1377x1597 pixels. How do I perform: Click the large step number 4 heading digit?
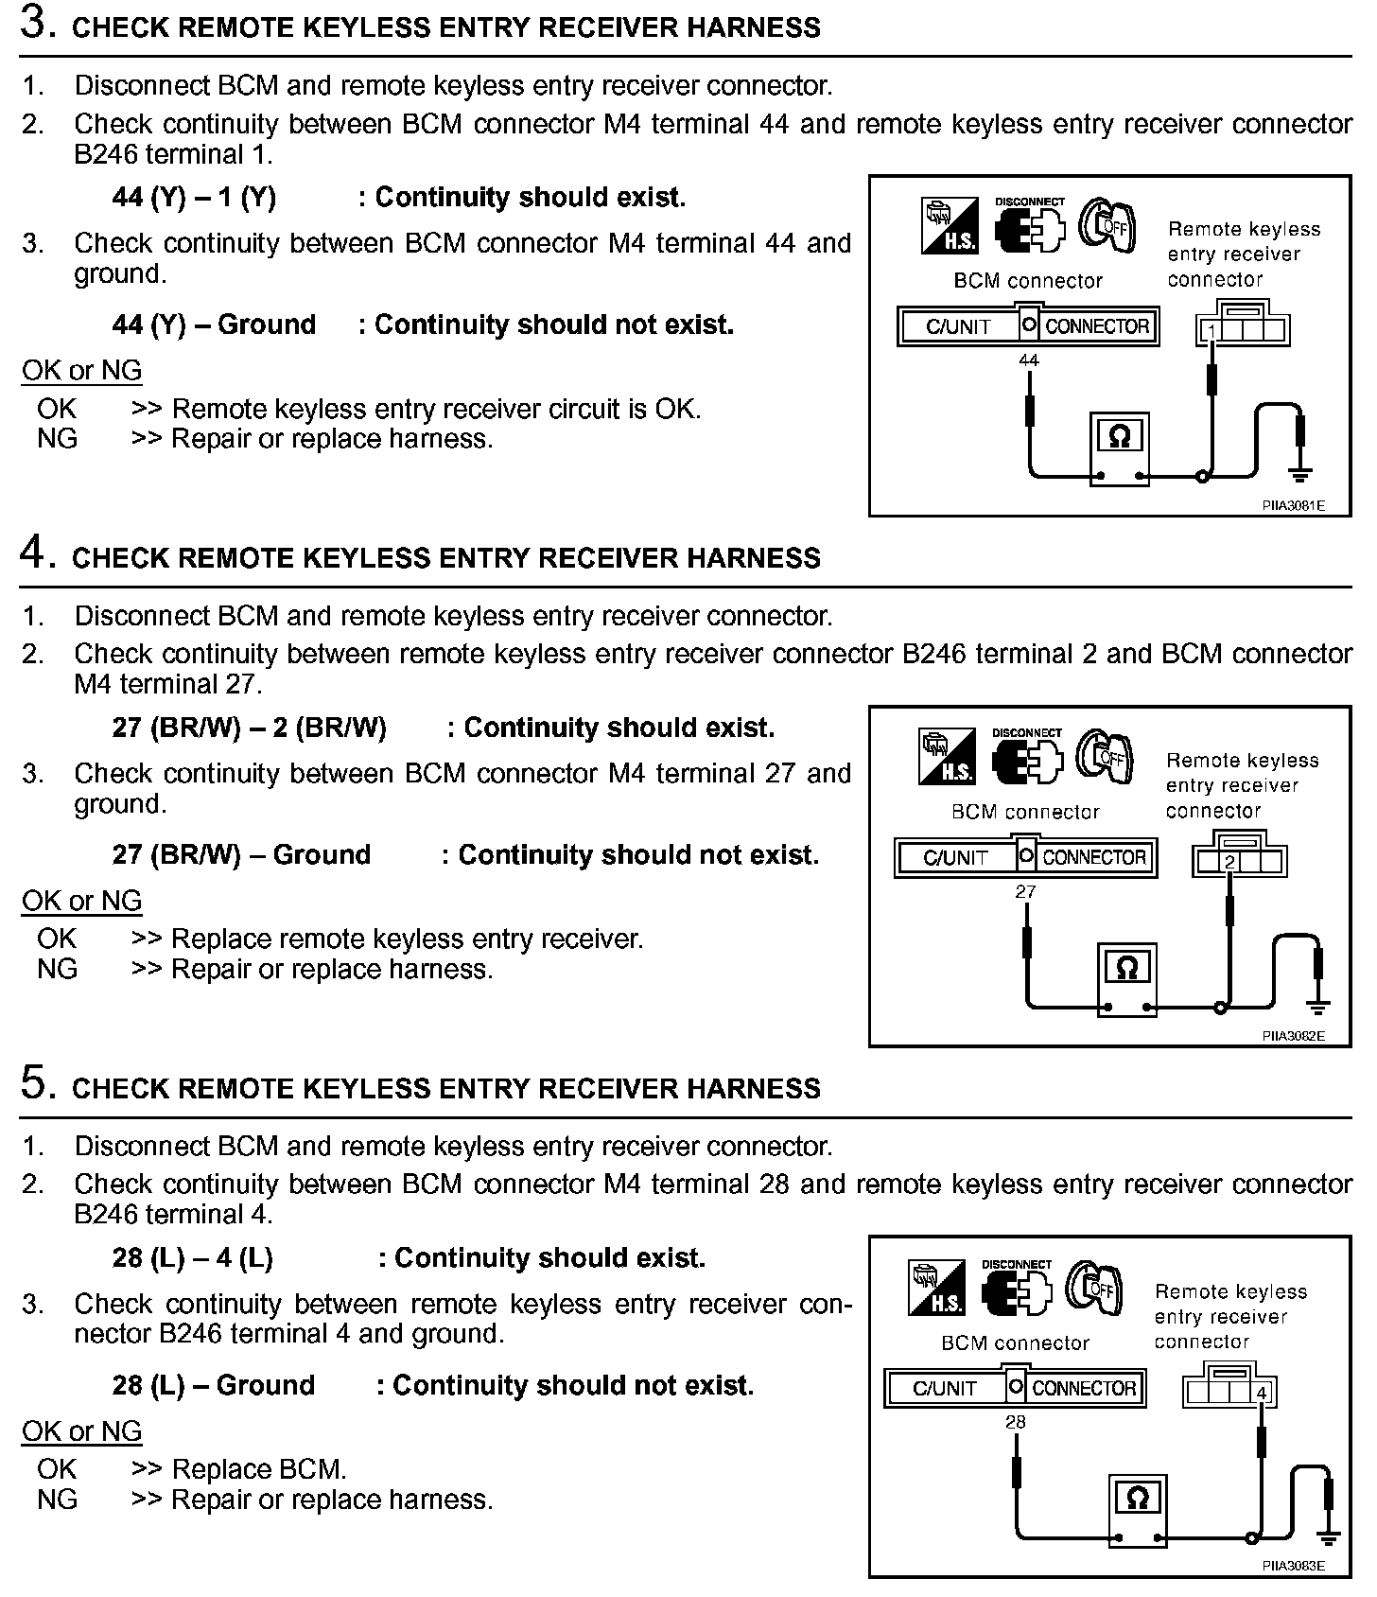[x=33, y=554]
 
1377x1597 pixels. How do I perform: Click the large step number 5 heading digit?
[x=33, y=1084]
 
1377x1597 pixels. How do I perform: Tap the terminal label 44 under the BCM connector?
[x=1029, y=360]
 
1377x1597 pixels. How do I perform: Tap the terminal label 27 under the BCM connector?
[x=1025, y=891]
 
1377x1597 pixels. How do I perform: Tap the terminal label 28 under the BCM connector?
[x=1015, y=1422]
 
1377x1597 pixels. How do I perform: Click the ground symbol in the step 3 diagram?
[x=1301, y=474]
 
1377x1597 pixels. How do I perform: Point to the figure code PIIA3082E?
[x=1293, y=1036]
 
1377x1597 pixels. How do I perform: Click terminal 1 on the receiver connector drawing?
[x=1211, y=331]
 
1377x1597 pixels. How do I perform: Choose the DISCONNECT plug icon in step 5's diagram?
[x=1018, y=1289]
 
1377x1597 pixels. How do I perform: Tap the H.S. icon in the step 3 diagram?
[x=950, y=227]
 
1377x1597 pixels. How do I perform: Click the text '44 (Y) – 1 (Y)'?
[x=194, y=198]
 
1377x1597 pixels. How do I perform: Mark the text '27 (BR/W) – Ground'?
[x=241, y=855]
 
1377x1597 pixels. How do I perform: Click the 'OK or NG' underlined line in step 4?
[x=81, y=901]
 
